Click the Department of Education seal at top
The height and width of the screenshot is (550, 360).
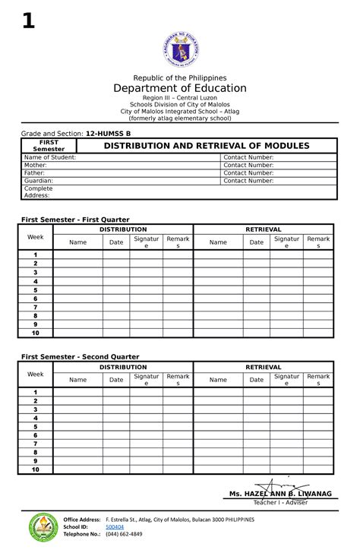(180, 52)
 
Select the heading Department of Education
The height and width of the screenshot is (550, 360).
(180, 88)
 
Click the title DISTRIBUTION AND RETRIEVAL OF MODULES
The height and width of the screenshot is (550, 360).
(207, 145)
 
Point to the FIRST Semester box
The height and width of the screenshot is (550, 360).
(52, 145)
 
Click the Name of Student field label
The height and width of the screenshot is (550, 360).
(50, 157)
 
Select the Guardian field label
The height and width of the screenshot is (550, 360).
(39, 181)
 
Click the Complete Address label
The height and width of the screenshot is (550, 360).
(39, 191)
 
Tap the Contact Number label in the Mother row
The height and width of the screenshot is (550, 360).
(248, 165)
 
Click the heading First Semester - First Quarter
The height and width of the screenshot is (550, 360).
(75, 220)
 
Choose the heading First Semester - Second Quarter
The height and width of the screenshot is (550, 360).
(80, 356)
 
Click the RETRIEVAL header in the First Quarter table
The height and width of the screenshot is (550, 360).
(264, 229)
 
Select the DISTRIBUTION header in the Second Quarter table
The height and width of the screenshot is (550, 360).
(123, 367)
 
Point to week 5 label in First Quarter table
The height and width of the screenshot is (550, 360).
(35, 290)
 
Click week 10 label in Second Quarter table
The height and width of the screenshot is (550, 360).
(35, 469)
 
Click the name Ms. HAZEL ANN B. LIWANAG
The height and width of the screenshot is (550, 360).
(280, 494)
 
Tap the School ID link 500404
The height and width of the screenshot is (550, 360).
(115, 526)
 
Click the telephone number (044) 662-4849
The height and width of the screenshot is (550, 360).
(124, 534)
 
